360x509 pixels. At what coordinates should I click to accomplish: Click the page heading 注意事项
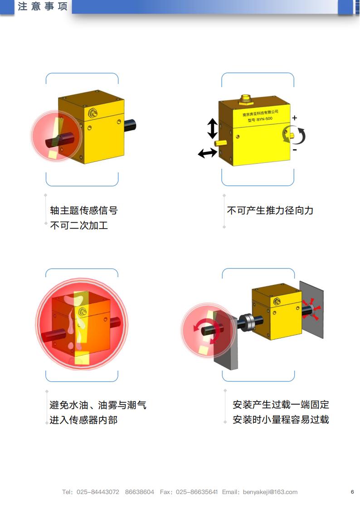[x=43, y=6]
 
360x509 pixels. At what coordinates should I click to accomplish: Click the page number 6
[x=352, y=492]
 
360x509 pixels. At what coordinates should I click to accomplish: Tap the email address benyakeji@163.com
[x=270, y=492]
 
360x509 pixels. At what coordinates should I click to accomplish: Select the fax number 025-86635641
[x=196, y=492]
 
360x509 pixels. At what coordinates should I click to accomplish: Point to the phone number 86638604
[x=140, y=492]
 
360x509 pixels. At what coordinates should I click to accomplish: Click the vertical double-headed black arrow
[x=213, y=128]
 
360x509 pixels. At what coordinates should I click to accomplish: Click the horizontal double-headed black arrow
[x=208, y=153]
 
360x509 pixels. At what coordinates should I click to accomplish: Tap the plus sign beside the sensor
[x=295, y=118]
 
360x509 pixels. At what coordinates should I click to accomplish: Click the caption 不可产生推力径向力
[x=270, y=210]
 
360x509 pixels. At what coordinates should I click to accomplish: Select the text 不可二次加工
[x=79, y=225]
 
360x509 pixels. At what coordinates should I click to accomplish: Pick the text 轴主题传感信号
[x=84, y=210]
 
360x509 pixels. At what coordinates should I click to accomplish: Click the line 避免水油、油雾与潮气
[x=98, y=405]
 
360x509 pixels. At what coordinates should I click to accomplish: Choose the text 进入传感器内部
[x=83, y=420]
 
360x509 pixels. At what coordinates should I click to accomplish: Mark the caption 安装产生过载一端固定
[x=281, y=405]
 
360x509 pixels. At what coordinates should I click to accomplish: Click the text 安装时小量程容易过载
[x=281, y=420]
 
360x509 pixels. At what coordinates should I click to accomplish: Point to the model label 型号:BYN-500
[x=260, y=119]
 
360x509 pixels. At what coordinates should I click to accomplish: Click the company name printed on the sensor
[x=260, y=113]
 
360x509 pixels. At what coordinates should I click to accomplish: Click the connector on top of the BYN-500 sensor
[x=245, y=99]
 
